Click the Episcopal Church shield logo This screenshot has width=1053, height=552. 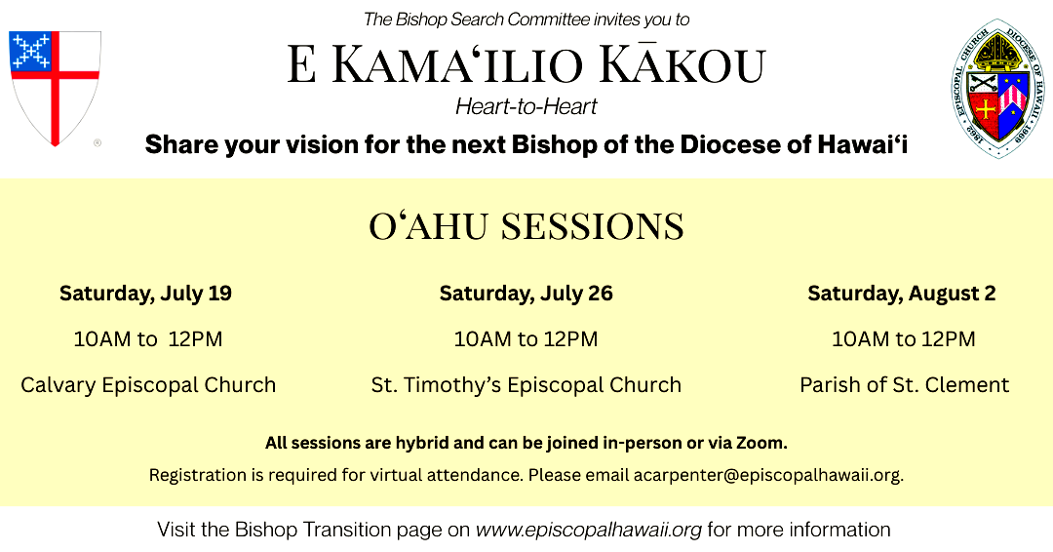55,88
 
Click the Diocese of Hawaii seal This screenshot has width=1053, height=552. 998,88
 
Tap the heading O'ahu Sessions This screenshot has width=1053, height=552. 526,227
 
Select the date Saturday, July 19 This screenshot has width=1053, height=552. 145,294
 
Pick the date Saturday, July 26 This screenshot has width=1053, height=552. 526,294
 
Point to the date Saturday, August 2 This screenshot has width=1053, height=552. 901,294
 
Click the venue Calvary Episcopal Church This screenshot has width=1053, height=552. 148,385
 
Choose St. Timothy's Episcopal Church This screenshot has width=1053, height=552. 526,385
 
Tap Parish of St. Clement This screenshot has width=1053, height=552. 904,385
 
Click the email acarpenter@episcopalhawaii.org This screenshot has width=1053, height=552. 768,476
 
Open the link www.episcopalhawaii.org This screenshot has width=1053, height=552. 589,530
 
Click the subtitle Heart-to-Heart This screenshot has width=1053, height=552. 526,106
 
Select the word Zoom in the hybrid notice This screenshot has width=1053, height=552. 761,443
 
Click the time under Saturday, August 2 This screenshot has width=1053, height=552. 903,339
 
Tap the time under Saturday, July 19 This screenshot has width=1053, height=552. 148,339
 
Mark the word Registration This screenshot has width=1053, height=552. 198,476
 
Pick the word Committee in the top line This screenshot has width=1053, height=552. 548,20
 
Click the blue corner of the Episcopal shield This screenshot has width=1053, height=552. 30,51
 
